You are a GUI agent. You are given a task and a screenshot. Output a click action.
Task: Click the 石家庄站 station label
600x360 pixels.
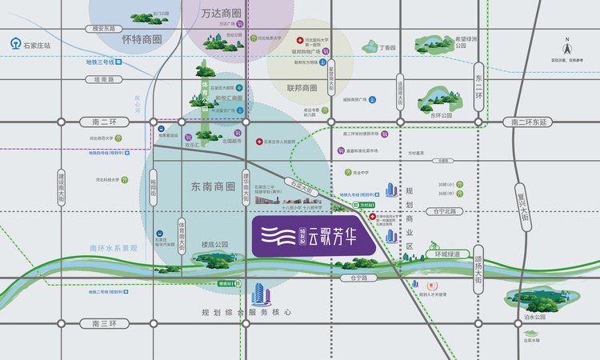[37, 46]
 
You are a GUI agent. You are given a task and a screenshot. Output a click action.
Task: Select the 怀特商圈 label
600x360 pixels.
[142, 39]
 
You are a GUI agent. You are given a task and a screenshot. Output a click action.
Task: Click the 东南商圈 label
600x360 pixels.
[213, 186]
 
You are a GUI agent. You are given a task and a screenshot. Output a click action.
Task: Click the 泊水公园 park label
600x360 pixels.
[534, 317]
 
